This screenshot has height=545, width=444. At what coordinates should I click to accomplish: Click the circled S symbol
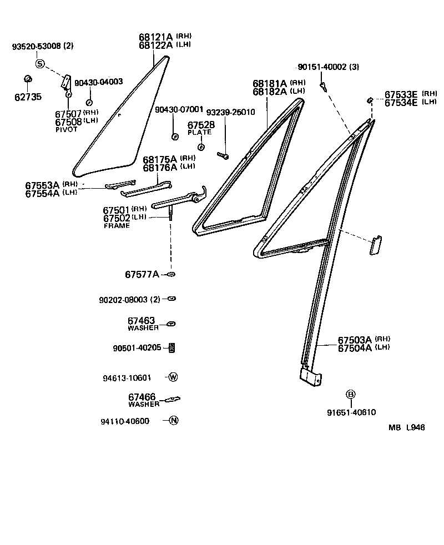(40, 64)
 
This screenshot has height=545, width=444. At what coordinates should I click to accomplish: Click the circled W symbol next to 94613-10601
(173, 377)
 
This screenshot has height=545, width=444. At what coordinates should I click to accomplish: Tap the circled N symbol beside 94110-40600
(174, 420)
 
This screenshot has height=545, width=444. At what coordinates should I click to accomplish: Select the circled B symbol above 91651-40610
(350, 395)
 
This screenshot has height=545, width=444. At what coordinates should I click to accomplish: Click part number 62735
(28, 97)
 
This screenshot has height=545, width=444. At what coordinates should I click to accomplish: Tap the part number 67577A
(142, 274)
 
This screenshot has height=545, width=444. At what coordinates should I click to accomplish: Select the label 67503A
(355, 340)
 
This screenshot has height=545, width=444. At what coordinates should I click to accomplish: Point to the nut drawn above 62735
(28, 78)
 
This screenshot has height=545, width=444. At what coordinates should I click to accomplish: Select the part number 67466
(142, 397)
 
